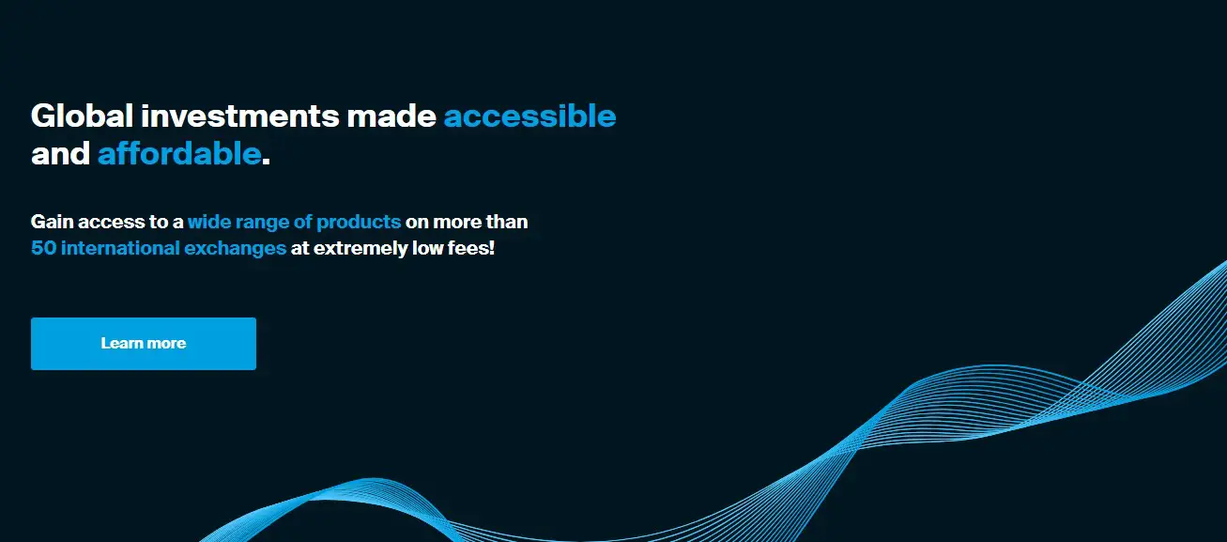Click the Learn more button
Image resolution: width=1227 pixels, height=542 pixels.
tap(144, 344)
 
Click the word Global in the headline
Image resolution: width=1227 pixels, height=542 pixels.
tap(83, 116)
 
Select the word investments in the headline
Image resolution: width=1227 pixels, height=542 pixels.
tap(240, 116)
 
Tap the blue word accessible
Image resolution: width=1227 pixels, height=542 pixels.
tap(529, 116)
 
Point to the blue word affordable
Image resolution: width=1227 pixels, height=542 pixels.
tap(179, 153)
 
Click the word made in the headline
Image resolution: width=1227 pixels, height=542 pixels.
tap(391, 116)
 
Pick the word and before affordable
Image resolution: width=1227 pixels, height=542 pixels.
tap(60, 153)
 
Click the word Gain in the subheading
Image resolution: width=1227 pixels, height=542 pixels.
tap(52, 222)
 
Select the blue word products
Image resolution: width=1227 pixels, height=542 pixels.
tap(359, 222)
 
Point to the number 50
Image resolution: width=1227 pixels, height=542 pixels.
tap(44, 248)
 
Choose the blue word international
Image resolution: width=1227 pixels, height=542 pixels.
tap(120, 248)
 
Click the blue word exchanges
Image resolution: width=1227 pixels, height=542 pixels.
tap(235, 248)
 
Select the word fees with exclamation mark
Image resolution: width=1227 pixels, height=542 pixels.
tap(471, 248)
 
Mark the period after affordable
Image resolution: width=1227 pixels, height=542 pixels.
tap(267, 162)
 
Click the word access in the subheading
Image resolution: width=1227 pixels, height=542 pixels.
tap(111, 222)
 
